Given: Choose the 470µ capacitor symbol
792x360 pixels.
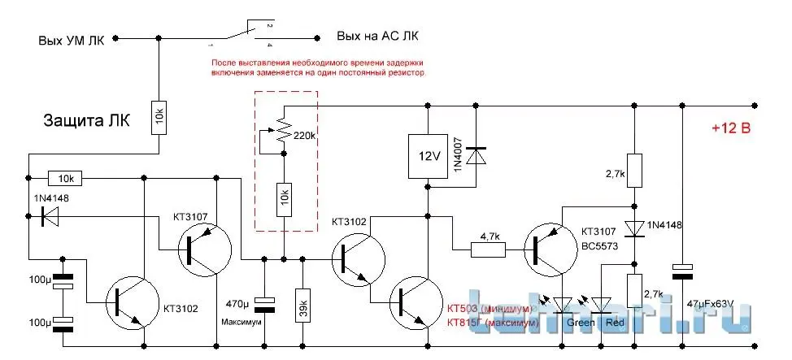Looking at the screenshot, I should (x=263, y=301).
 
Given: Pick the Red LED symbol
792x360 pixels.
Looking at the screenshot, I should (x=602, y=305).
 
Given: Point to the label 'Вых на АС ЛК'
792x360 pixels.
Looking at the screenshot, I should (x=378, y=37).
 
